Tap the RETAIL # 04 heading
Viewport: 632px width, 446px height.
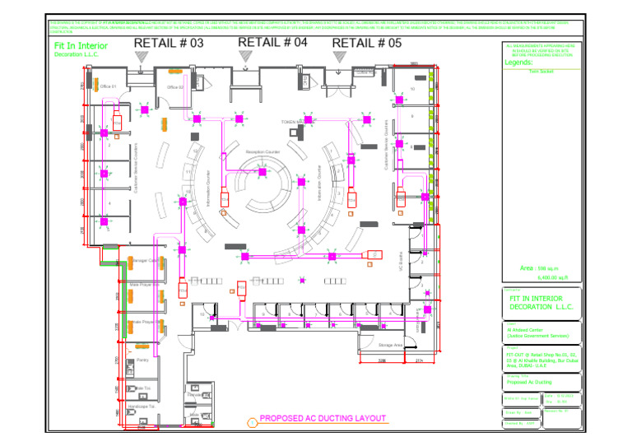(x=272, y=42)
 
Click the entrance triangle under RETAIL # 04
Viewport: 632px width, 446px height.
(x=244, y=55)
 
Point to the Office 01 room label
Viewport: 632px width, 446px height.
(x=109, y=86)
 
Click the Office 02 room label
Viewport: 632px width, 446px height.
(x=174, y=86)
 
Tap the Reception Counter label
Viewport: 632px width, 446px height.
(x=262, y=152)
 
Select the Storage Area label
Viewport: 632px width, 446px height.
(x=389, y=345)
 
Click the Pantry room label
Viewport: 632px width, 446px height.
(x=142, y=360)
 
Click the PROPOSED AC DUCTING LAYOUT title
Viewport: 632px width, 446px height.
(x=323, y=418)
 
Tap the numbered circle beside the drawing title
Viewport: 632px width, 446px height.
(x=252, y=423)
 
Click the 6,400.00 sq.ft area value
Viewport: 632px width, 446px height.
(x=541, y=278)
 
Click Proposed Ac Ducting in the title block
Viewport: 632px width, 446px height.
(x=528, y=383)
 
